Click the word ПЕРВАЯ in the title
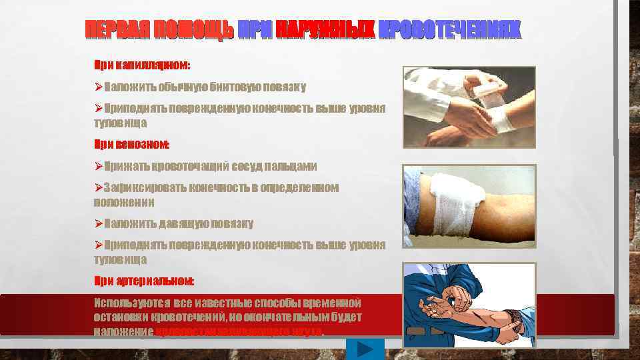pyautogui.click(x=117, y=30)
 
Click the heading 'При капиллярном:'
pyautogui.click(x=141, y=66)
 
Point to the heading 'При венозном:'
pyautogui.click(x=131, y=144)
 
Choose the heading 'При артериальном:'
pyautogui.click(x=144, y=280)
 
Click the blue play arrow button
pyautogui.click(x=365, y=349)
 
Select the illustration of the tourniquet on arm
pyautogui.click(x=469, y=305)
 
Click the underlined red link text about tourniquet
pyautogui.click(x=239, y=331)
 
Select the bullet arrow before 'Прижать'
pyautogui.click(x=98, y=167)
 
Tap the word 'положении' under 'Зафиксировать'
pyautogui.click(x=124, y=202)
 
